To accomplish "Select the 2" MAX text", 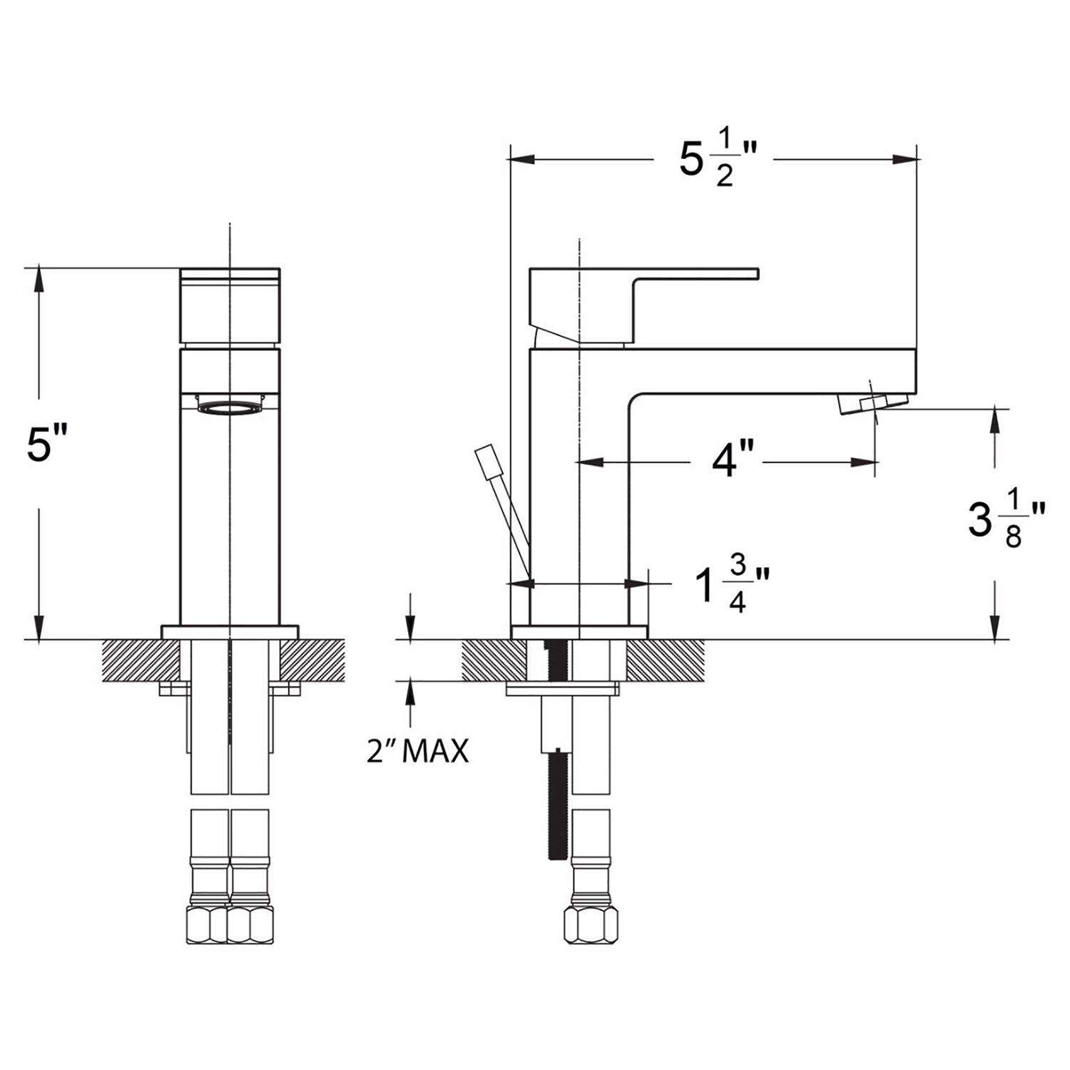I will pyautogui.click(x=417, y=750).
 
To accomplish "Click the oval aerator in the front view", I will pyautogui.click(x=229, y=408).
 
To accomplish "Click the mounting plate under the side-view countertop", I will pyautogui.click(x=561, y=688).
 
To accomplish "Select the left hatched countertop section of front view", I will pyautogui.click(x=140, y=660).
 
